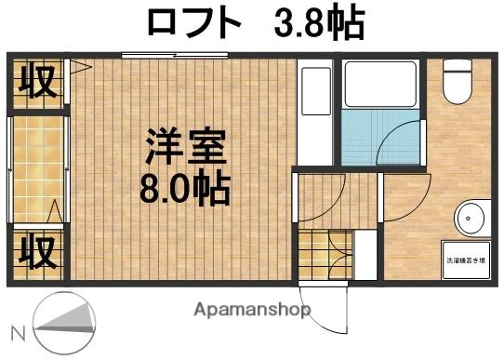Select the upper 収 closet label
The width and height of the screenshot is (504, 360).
36,81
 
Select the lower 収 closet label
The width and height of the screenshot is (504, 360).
36,249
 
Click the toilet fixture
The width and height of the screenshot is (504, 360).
457,82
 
